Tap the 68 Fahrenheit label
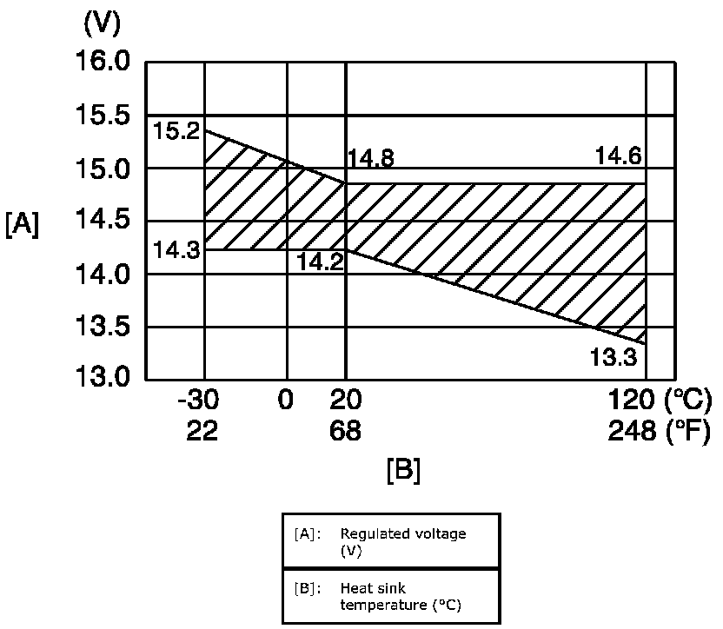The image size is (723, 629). click(345, 432)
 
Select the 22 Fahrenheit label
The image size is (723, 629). click(202, 432)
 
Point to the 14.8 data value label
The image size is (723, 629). click(371, 159)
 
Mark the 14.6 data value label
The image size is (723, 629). click(618, 157)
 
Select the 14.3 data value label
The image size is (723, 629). click(176, 250)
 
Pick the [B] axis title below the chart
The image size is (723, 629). click(403, 470)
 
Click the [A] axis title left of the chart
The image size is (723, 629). click(22, 224)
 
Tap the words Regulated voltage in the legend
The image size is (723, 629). click(403, 533)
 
